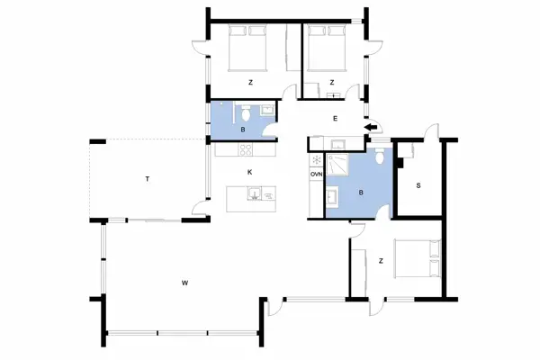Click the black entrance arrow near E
(369, 128)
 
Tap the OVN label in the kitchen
(316, 174)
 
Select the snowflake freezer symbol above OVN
(316, 160)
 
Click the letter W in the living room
(184, 283)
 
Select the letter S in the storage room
(418, 186)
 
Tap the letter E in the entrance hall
(334, 118)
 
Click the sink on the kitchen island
(255, 193)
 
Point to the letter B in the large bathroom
(360, 192)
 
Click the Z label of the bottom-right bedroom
(382, 261)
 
